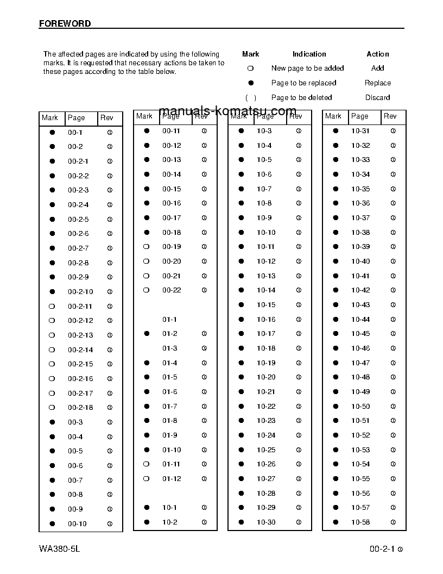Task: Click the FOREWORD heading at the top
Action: (65, 23)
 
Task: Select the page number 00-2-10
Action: (80, 292)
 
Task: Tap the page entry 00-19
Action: (172, 247)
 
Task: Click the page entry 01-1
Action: (169, 320)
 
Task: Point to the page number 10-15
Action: (266, 305)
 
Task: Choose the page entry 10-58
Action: (360, 522)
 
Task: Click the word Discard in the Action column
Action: (377, 98)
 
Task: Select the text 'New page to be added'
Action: (307, 68)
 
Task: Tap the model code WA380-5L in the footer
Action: (60, 549)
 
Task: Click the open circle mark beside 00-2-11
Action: (52, 307)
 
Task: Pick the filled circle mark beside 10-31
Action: (336, 131)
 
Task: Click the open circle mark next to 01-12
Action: (146, 479)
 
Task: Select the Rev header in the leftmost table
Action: (106, 118)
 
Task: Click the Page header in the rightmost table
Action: (359, 116)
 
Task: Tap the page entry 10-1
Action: (169, 508)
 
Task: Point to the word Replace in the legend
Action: (377, 83)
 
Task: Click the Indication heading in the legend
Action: (309, 54)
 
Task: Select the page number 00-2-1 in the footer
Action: (382, 549)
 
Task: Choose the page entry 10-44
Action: (360, 320)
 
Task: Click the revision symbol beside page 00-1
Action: (110, 133)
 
